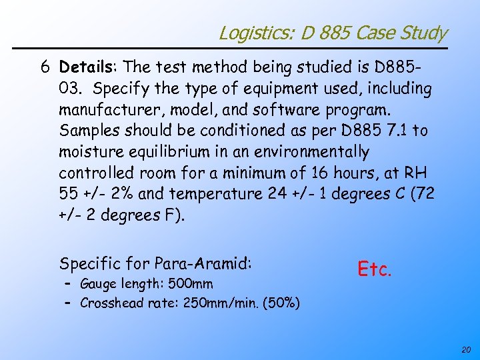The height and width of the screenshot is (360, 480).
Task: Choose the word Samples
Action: (86, 131)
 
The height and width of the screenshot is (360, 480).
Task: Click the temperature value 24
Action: (275, 195)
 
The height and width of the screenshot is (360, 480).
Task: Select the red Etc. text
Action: (375, 269)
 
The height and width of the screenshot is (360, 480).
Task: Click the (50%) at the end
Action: (281, 303)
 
